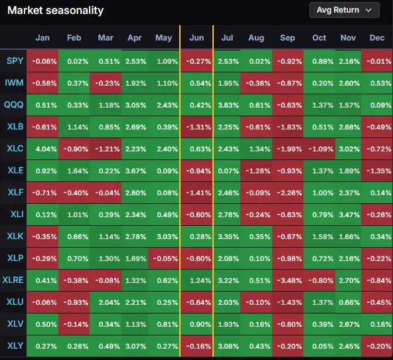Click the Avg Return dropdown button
point(345,10)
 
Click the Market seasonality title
point(55,10)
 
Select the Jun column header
point(196,38)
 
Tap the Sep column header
point(287,38)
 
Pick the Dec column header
point(377,38)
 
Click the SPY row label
point(15,61)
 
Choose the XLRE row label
point(13,280)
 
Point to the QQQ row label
point(13,104)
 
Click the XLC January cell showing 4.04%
point(42,149)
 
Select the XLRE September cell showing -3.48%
point(287,280)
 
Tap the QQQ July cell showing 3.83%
point(227,105)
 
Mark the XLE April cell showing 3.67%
point(135,171)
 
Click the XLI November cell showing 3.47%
point(349,215)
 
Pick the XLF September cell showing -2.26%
point(287,193)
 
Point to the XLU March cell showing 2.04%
point(106,302)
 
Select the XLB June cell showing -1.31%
point(196,127)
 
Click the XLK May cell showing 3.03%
point(164,236)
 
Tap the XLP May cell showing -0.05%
point(164,258)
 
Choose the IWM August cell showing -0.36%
point(256,83)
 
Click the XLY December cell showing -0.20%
point(377,346)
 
